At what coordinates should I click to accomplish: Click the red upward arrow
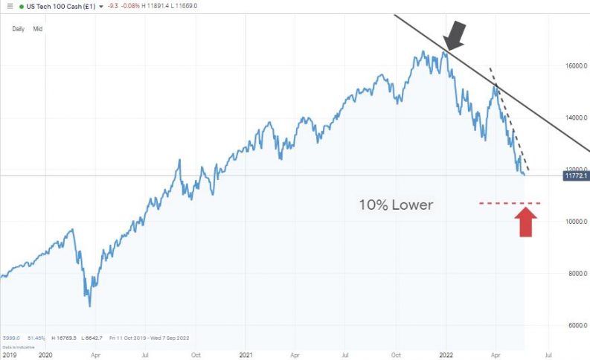coord(526,222)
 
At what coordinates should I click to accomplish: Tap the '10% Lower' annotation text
coord(395,205)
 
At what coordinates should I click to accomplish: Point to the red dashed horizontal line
coord(509,203)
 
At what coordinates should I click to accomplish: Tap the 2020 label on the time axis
coord(45,356)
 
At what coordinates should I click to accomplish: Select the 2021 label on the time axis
coord(246,356)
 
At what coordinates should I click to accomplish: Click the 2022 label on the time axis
coord(445,356)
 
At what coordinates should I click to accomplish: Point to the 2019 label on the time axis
coord(7,356)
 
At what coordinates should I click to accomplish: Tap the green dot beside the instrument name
coord(22,6)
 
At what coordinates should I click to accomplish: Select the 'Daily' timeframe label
coord(18,28)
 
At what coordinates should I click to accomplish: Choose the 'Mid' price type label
coord(37,28)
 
